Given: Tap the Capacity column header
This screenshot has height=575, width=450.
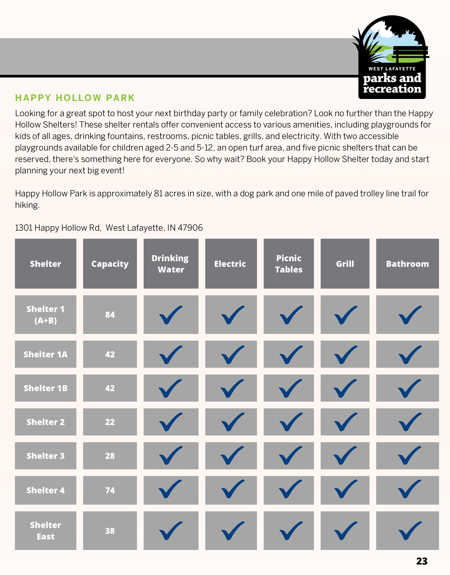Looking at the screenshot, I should [x=110, y=264].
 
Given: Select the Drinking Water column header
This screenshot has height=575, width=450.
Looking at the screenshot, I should [x=171, y=264].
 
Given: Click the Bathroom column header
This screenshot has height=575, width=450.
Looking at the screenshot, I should [x=407, y=264].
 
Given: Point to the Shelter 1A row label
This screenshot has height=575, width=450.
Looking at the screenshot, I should [x=45, y=354].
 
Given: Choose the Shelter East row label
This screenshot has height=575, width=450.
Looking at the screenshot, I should [x=45, y=530].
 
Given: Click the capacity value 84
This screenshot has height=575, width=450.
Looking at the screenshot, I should [x=110, y=314].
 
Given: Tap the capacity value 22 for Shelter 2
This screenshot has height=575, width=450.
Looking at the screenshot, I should [x=110, y=422].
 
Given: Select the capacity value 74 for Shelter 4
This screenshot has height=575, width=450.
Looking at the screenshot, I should [x=110, y=490].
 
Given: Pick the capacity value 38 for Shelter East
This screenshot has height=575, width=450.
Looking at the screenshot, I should [x=110, y=531].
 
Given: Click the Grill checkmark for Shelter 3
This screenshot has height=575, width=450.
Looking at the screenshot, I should [x=345, y=455].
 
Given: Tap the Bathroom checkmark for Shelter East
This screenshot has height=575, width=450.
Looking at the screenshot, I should [x=410, y=531].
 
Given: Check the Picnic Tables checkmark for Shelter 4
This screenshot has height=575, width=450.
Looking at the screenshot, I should [x=290, y=489].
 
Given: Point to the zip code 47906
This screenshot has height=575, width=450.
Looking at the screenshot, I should [x=190, y=227].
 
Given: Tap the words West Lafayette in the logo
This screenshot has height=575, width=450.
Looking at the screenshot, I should [x=392, y=69].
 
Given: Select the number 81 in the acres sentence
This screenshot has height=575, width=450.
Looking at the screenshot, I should [x=158, y=194].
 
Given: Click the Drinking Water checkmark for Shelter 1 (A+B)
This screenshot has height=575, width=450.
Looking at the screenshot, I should [x=170, y=315].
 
